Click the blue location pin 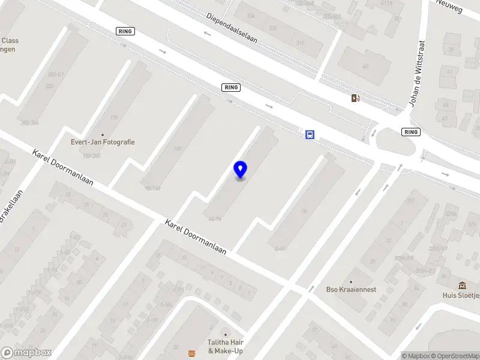point(240,169)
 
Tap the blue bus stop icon point(310,134)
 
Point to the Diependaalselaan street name point(231,28)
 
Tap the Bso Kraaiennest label point(351,290)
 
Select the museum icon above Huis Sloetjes point(462,285)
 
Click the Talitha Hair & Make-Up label point(226,346)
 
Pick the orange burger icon point(191,352)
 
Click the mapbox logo point(26,353)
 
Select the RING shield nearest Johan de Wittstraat point(411,132)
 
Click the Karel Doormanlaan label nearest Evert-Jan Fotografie point(63,167)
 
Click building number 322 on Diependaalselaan point(273,28)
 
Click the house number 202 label point(50,86)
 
